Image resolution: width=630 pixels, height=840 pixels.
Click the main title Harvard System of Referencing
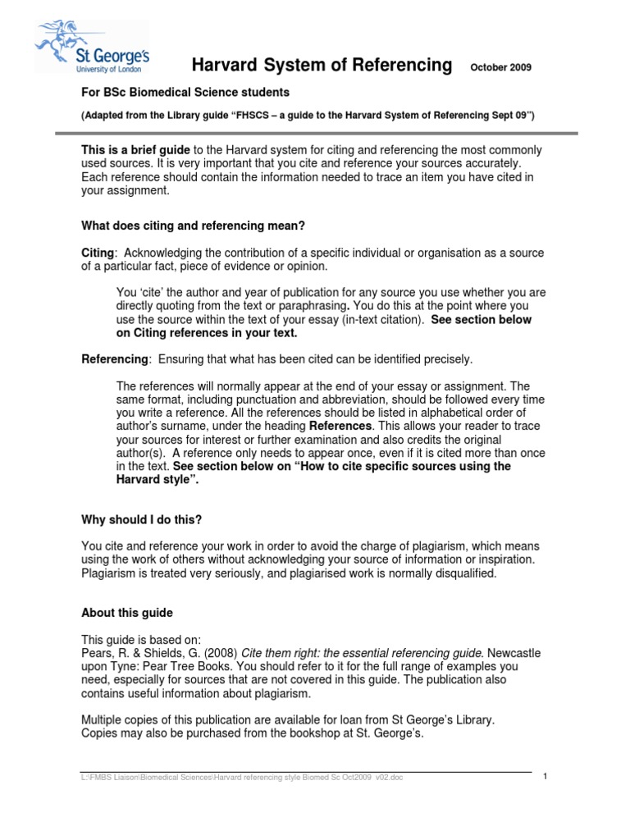pos(322,66)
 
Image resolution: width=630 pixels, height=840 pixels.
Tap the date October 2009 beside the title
pos(500,67)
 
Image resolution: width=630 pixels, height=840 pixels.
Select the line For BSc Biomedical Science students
pos(185,93)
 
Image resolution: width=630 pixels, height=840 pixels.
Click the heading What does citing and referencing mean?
pos(194,226)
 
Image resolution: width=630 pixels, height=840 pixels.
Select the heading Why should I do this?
pos(141,519)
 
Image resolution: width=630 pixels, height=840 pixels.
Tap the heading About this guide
pos(127,613)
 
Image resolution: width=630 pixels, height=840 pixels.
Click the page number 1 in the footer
pos(545,777)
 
